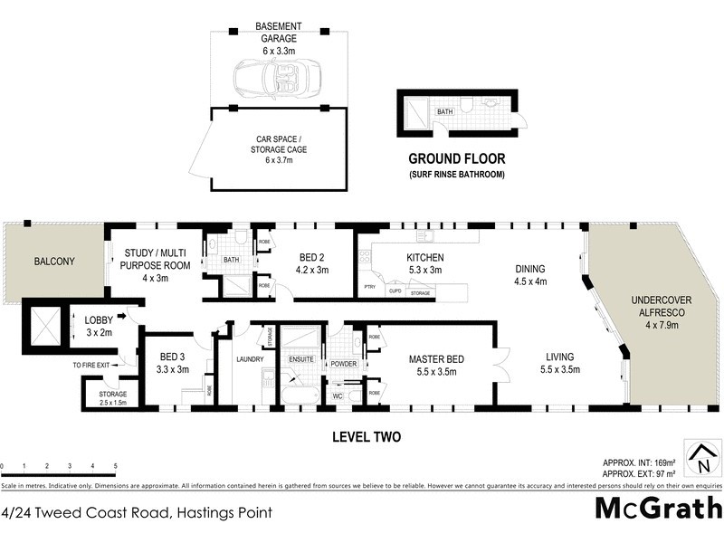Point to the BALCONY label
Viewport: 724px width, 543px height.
[54, 262]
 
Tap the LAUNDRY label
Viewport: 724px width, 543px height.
[249, 359]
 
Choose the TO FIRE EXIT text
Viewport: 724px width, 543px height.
[98, 365]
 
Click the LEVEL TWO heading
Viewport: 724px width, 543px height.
[366, 437]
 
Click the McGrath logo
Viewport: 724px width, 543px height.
[656, 508]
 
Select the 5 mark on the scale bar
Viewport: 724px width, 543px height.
[116, 466]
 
